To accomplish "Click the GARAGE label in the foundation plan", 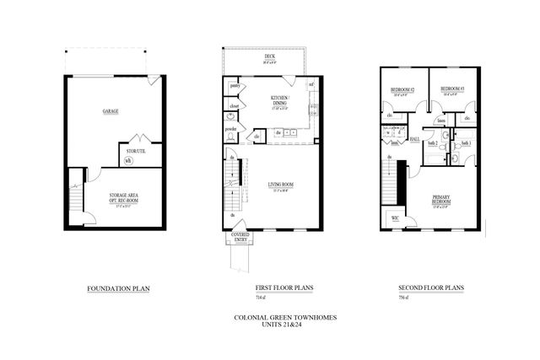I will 111,110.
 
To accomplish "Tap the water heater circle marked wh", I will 128,160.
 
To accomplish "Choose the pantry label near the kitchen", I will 235,86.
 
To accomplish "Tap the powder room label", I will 232,128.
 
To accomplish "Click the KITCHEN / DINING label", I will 279,100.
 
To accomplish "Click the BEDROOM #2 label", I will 399,89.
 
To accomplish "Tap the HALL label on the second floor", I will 414,139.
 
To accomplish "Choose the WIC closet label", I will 395,218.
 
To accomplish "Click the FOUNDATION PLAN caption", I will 112,288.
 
